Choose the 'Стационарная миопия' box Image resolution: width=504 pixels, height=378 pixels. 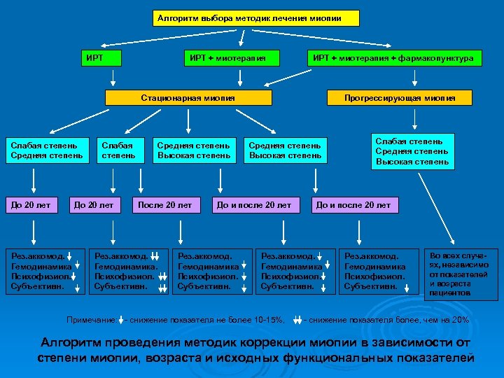(x=188, y=97)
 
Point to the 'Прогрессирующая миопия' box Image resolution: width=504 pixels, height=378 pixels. (x=400, y=97)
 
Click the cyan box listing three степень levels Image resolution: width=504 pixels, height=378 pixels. (x=412, y=151)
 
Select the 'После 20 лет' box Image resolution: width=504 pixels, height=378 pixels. (x=165, y=205)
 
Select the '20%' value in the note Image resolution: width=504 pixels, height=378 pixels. (x=460, y=320)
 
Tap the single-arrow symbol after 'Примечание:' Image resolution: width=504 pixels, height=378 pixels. (x=122, y=320)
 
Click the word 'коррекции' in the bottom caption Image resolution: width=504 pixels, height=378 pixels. (x=273, y=343)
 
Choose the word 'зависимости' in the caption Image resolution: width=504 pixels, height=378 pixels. (x=405, y=343)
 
